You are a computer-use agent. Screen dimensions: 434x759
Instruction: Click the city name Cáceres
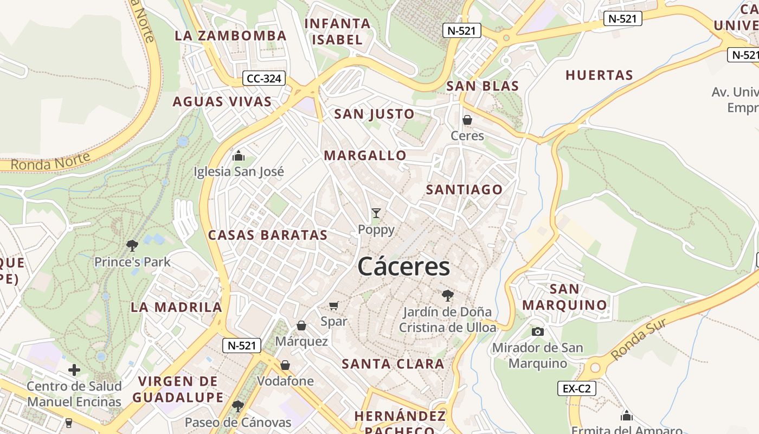(x=403, y=267)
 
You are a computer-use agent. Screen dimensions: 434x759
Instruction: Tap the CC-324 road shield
(x=263, y=79)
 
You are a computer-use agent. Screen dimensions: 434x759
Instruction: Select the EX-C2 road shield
(x=576, y=388)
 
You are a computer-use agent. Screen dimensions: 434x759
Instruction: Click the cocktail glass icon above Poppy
(x=376, y=213)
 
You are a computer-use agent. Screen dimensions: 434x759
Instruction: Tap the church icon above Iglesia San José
(x=238, y=156)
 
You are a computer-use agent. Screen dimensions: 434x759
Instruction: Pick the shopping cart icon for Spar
(x=334, y=306)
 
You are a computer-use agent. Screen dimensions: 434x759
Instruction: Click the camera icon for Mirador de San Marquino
(x=537, y=331)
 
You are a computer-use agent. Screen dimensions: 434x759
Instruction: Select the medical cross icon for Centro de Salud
(x=74, y=371)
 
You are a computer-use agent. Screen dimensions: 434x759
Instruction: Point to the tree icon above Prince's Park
(x=132, y=246)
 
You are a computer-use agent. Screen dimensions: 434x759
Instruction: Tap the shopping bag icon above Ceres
(x=467, y=120)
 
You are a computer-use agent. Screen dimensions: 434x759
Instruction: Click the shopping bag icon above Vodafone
(x=285, y=365)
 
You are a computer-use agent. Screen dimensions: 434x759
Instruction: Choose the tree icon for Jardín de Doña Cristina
(x=447, y=296)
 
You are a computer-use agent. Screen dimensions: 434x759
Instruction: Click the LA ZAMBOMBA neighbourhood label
(x=230, y=36)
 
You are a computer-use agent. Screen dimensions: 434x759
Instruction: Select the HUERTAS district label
(x=599, y=75)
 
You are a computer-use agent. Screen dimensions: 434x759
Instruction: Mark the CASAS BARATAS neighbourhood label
(x=268, y=235)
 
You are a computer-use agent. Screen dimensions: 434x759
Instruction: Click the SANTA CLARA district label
(x=393, y=364)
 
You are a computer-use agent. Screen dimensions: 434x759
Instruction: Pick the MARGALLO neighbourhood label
(x=365, y=156)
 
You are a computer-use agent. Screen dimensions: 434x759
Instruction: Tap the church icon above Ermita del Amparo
(x=627, y=416)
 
